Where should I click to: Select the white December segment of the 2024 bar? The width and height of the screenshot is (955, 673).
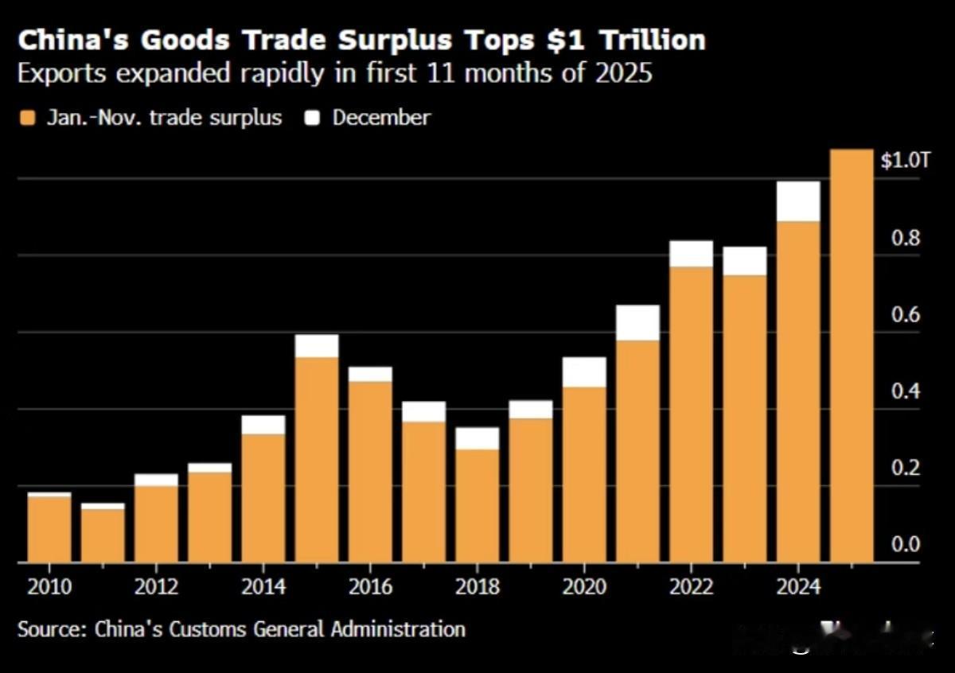[x=798, y=201]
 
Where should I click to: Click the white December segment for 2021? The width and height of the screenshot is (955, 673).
[x=637, y=322]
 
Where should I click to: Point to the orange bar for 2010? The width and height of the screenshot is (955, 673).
[x=49, y=529]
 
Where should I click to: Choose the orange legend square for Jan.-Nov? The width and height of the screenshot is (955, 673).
[x=29, y=119]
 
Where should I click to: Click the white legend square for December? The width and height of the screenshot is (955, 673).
[x=314, y=119]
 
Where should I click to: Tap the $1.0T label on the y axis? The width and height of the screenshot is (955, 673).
[x=905, y=160]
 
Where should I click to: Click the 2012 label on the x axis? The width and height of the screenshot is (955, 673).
[x=156, y=587]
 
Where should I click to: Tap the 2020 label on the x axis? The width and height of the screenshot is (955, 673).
[x=584, y=587]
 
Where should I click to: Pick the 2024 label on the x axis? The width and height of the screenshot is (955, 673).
[x=798, y=587]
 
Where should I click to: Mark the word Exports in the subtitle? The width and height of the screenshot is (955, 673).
[x=64, y=74]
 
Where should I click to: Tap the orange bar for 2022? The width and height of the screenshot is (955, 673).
[x=692, y=414]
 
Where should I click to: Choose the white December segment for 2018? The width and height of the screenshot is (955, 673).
[x=477, y=438]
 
